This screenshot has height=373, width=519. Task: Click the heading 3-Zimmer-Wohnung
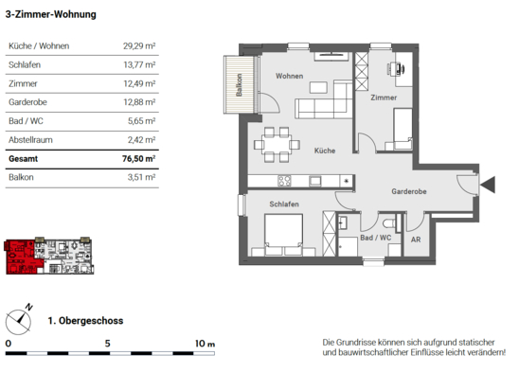50,14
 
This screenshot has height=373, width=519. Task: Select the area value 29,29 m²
139,45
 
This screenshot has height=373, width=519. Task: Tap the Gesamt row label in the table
23,159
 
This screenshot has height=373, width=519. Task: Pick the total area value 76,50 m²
138,158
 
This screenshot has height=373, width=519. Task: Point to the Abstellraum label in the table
30,140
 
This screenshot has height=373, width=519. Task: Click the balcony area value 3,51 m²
142,177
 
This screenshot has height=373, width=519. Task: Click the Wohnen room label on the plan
289,76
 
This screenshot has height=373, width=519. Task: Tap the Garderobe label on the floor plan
409,191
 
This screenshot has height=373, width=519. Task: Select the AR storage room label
416,240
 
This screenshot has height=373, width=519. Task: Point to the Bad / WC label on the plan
376,238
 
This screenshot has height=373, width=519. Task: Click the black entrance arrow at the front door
488,185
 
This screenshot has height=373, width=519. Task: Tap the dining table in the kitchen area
277,145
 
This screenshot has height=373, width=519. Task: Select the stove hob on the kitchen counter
284,181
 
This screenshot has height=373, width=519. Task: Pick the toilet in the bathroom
389,223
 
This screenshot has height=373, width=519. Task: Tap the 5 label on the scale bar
108,344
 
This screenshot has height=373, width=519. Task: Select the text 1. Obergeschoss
85,321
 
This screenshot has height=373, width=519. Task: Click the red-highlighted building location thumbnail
48,257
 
